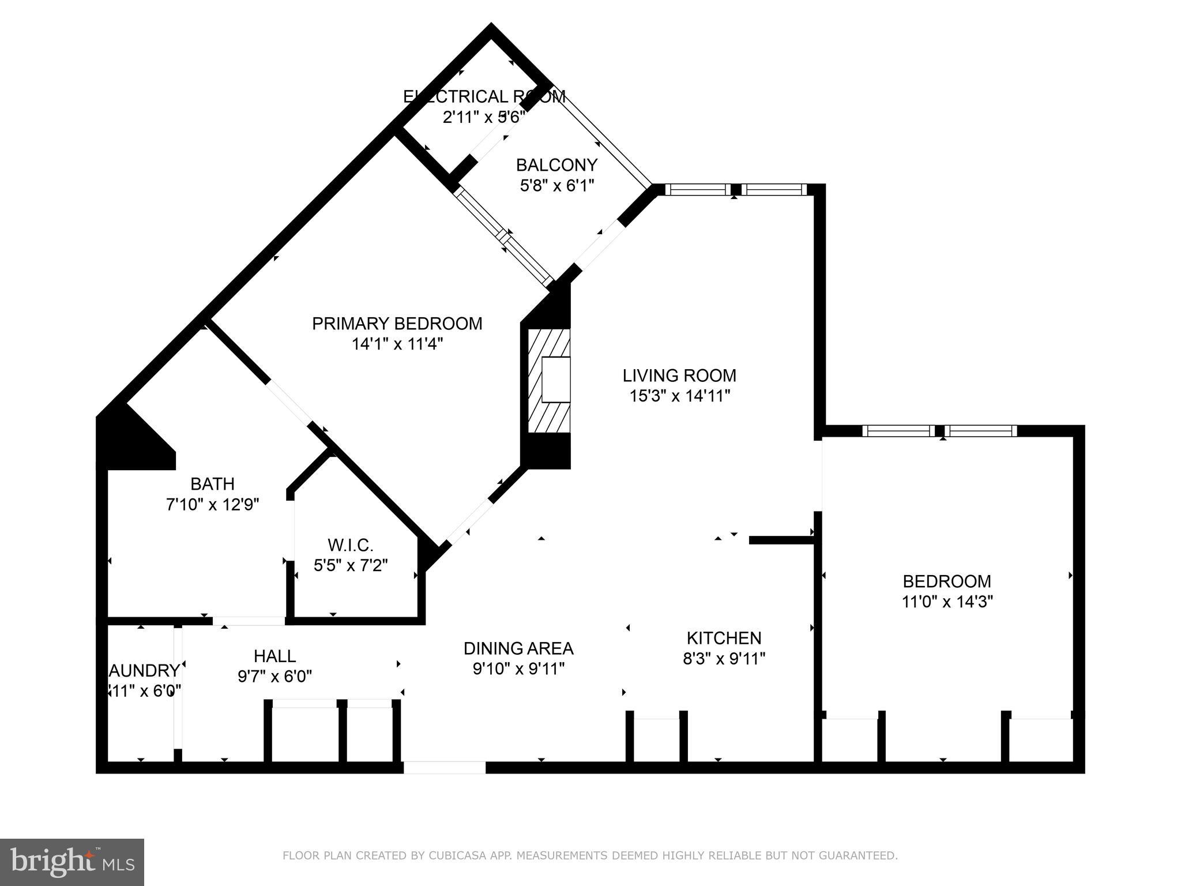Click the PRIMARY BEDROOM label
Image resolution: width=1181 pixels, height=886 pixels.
pyautogui.click(x=397, y=324)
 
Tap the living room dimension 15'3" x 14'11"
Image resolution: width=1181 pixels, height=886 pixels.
pyautogui.click(x=679, y=396)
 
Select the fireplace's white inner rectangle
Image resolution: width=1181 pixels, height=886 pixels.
pyautogui.click(x=556, y=380)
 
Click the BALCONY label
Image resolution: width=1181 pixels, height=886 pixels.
pyautogui.click(x=556, y=166)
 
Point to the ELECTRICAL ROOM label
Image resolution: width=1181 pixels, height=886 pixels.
pyautogui.click(x=484, y=96)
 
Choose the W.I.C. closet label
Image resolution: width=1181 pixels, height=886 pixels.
pyautogui.click(x=351, y=545)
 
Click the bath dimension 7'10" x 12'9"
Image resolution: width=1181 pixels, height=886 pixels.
pyautogui.click(x=212, y=505)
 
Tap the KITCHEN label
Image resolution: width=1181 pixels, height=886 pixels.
pyautogui.click(x=724, y=638)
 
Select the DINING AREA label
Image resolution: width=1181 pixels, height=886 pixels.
pyautogui.click(x=518, y=648)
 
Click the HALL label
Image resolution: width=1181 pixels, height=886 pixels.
pyautogui.click(x=274, y=656)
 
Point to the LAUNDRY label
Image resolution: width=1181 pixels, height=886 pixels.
pyautogui.click(x=144, y=671)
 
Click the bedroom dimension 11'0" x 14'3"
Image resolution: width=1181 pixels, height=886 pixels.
pyautogui.click(x=947, y=602)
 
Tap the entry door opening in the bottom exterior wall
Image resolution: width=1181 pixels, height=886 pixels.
pyautogui.click(x=444, y=767)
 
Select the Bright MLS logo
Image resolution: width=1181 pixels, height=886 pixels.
pyautogui.click(x=72, y=862)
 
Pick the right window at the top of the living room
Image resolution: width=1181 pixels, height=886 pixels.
pyautogui.click(x=773, y=189)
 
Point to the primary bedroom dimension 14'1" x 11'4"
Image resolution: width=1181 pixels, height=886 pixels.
pyautogui.click(x=397, y=344)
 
